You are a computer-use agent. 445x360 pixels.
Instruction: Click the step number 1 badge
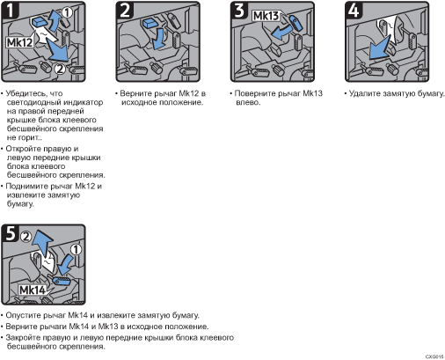(11, 10)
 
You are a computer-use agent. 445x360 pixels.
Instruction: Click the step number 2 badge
(125, 10)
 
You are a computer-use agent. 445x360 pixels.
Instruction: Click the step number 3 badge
(239, 10)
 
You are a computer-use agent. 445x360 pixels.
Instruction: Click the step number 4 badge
(354, 10)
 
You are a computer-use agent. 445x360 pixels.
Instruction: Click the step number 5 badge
(11, 233)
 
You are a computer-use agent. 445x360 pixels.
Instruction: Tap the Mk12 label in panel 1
(19, 42)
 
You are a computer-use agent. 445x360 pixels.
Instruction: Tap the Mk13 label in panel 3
(266, 16)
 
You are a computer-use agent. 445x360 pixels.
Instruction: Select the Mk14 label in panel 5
(33, 290)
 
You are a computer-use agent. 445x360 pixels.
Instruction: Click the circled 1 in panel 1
(67, 12)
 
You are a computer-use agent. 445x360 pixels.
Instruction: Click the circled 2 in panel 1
(60, 70)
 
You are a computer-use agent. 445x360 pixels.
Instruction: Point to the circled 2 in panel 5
(26, 237)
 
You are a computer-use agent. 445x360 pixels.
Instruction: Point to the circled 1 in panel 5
(76, 250)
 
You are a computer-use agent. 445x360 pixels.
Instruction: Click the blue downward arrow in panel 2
(159, 39)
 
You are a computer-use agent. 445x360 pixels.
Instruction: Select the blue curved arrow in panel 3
(281, 33)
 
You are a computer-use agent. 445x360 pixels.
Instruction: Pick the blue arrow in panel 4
(379, 48)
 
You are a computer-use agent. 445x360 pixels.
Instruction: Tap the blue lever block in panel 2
(151, 23)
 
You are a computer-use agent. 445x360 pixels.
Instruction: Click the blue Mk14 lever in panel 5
(62, 281)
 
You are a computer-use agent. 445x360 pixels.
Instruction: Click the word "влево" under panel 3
(248, 102)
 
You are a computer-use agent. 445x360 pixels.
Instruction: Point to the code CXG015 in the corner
(434, 356)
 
